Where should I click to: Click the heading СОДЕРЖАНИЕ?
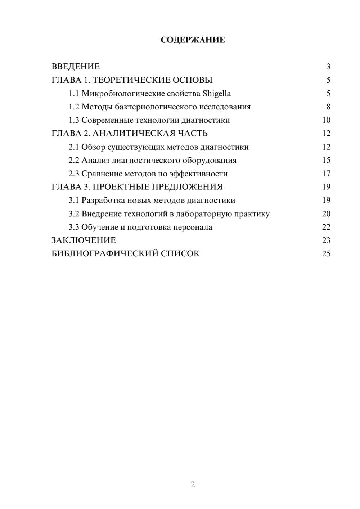[x=193, y=40]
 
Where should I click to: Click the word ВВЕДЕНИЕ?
[x=76, y=67]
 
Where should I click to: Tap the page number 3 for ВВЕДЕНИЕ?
[x=328, y=67]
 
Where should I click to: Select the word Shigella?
[x=217, y=94]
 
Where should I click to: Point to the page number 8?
[x=328, y=107]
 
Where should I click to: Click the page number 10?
[x=326, y=120]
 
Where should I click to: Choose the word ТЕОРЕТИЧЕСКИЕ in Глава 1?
[x=131, y=80]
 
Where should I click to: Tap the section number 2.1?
[x=74, y=147]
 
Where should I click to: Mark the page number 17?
[x=326, y=174]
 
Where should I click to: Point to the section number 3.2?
[x=74, y=214]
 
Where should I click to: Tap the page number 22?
[x=326, y=227]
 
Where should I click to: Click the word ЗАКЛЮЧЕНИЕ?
[x=84, y=240]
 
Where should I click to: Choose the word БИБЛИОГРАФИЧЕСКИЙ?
[x=105, y=253]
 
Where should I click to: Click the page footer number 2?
[x=193, y=485]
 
